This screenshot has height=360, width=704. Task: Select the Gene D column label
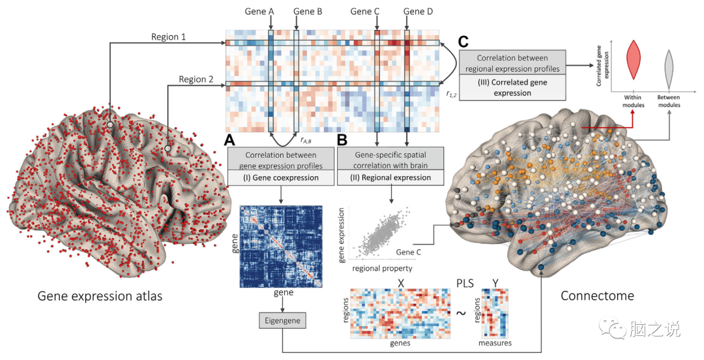418,11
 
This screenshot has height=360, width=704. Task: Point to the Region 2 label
197,80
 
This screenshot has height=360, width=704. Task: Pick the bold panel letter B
343,139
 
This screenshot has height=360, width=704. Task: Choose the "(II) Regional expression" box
390,177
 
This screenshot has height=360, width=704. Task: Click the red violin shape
632,61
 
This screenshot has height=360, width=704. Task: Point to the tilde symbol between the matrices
460,313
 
